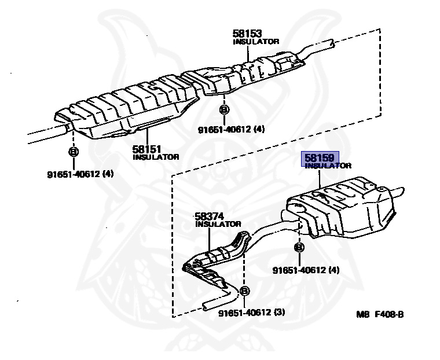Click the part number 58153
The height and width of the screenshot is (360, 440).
click(x=247, y=34)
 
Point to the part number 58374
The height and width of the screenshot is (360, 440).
click(x=210, y=216)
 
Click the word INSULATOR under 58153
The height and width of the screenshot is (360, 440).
click(x=256, y=42)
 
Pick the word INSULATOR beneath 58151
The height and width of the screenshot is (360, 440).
click(x=156, y=157)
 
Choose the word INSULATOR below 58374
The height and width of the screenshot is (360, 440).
click(x=218, y=224)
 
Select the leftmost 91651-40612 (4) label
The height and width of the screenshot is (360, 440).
click(x=80, y=174)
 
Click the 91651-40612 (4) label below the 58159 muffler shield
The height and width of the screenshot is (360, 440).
click(x=306, y=270)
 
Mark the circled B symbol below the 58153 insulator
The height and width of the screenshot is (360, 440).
click(x=225, y=109)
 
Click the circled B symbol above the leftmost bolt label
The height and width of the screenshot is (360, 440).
click(x=74, y=152)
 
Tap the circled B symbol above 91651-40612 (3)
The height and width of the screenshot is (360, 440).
click(x=244, y=291)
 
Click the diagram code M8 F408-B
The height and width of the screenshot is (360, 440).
click(x=379, y=314)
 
